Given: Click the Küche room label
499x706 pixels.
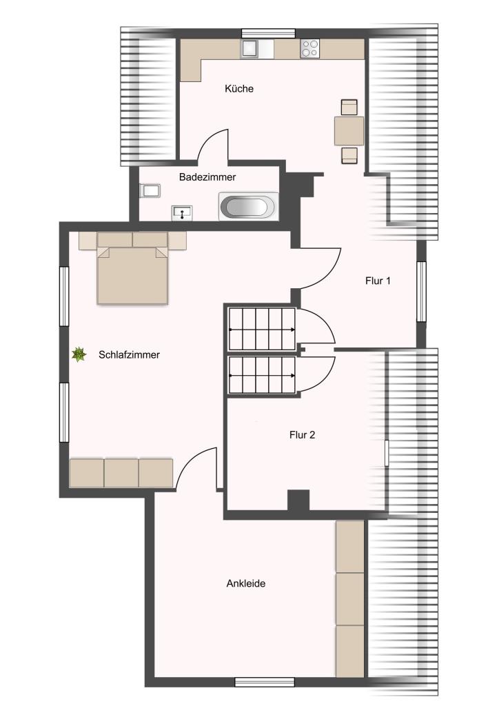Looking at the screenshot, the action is coord(239,89).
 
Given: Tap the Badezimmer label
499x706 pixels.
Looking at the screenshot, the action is coord(207,177).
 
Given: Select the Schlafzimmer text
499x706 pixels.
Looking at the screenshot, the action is coord(129,355).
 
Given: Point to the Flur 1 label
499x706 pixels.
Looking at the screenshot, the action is coord(378,281).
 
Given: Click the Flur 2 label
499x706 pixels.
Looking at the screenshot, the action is coord(302,435).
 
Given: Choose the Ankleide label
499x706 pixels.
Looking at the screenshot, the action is coord(245,583).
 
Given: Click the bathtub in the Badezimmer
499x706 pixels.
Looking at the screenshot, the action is coord(248,207).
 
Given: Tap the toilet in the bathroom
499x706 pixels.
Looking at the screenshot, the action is coord(150,190).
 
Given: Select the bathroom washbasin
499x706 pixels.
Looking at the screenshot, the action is coord(182,213).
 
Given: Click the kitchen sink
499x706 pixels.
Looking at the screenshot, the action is coord(250,49).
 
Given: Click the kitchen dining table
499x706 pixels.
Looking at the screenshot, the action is coord(349,131).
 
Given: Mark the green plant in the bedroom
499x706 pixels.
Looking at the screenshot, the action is coord(79,354).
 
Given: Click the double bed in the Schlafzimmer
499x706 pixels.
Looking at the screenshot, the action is coord(132,268).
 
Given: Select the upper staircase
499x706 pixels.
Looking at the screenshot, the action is coord(262,329).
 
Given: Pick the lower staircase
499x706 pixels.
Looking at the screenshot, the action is coord(262,375).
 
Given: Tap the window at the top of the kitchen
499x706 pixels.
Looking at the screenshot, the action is coord(268,33).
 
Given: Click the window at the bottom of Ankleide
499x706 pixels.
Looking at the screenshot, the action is coord(265,682).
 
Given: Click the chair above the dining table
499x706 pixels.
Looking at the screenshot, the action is coord(349,107).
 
